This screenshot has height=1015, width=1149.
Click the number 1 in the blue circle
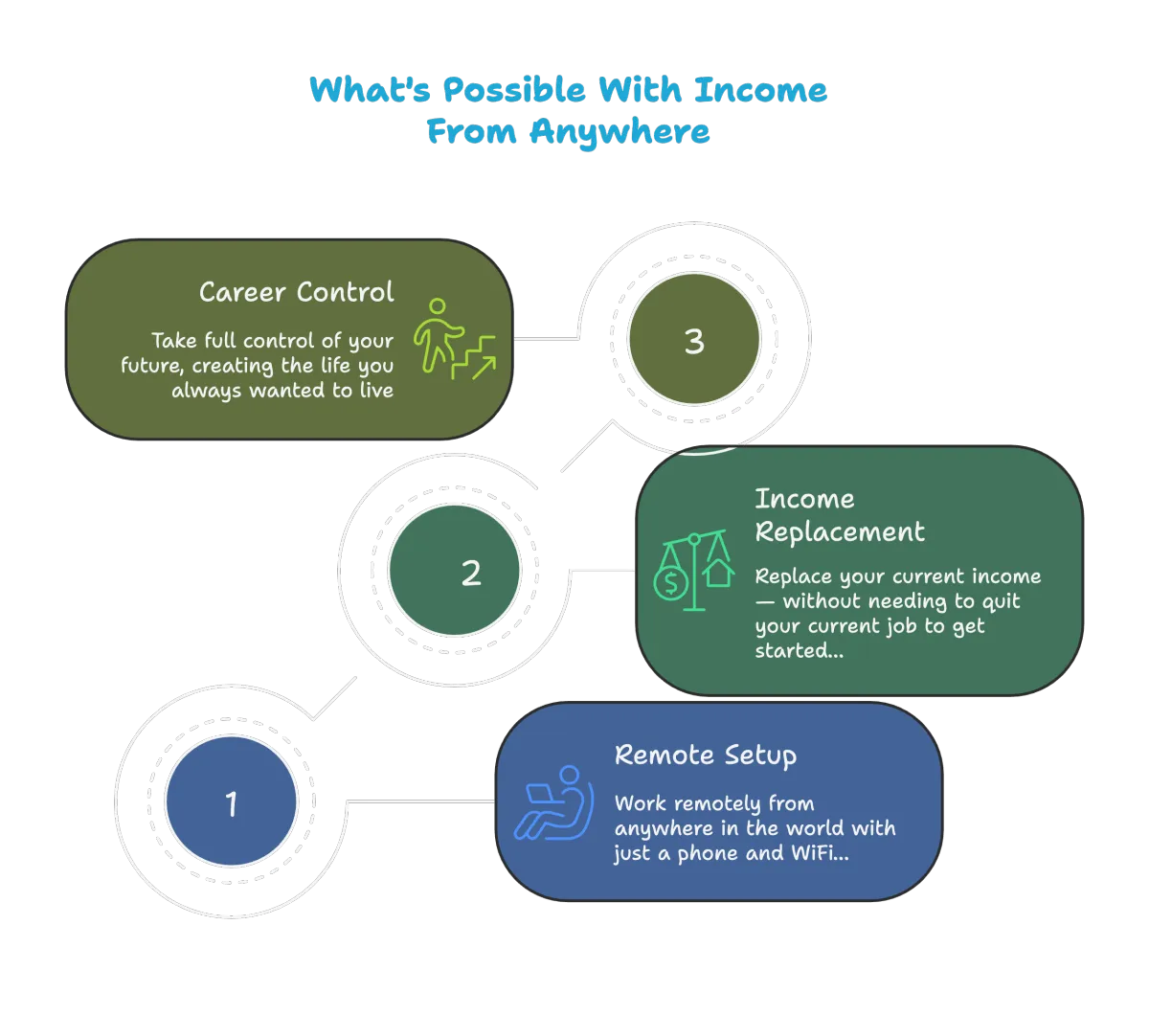(231, 804)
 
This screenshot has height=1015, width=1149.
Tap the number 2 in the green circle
(470, 574)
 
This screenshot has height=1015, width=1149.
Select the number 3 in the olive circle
(694, 342)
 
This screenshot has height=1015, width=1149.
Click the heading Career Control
(296, 291)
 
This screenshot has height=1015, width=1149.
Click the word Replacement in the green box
(840, 531)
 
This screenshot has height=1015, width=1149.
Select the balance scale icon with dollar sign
(691, 573)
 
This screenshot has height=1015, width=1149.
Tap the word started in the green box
(794, 652)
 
